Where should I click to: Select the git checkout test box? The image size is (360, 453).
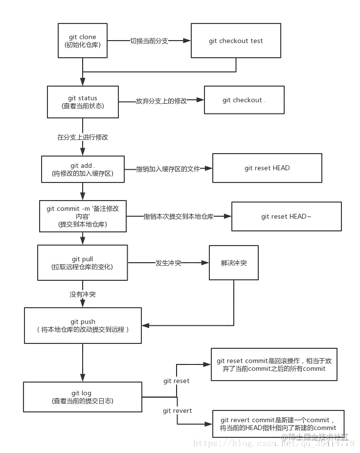(236, 41)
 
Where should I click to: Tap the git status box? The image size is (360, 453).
(83, 102)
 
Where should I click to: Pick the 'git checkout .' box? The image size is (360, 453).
(244, 100)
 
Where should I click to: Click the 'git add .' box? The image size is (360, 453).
(82, 169)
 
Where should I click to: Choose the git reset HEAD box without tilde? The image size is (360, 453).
(267, 168)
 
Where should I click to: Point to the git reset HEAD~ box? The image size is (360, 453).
(286, 216)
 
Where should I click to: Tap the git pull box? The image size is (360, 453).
(82, 263)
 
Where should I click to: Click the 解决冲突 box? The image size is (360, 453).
(234, 263)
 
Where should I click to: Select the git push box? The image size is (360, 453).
(83, 325)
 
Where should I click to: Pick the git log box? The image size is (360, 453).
(82, 397)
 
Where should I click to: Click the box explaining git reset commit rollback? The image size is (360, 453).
(274, 364)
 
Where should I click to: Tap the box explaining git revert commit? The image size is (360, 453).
(278, 424)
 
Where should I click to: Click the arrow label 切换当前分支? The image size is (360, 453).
(149, 41)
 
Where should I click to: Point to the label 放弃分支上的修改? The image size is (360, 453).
(161, 101)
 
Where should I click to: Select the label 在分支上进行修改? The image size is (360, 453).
(83, 137)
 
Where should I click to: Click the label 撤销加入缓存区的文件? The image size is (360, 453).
(168, 169)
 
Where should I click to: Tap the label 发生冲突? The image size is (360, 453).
(168, 263)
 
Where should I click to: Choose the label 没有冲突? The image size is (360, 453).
(83, 294)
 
